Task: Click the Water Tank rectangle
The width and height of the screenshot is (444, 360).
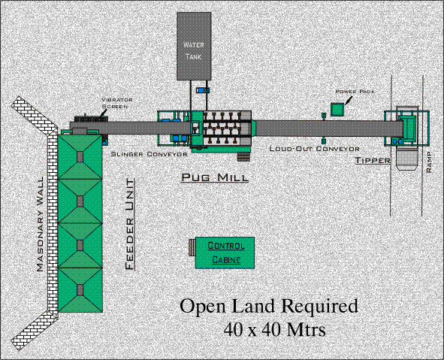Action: (x=194, y=46)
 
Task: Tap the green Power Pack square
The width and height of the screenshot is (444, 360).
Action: (x=337, y=109)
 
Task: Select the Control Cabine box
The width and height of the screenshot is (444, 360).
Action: (x=225, y=253)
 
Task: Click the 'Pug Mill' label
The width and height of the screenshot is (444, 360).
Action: (x=215, y=177)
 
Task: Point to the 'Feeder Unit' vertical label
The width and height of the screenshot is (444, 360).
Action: (x=130, y=224)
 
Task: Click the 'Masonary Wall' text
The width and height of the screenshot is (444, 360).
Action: (x=41, y=224)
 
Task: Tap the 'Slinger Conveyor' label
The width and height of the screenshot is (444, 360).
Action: (x=149, y=154)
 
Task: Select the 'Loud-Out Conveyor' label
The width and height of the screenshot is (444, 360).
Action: (x=314, y=149)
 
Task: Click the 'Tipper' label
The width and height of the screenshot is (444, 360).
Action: (x=373, y=160)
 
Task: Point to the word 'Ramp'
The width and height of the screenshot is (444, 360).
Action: (x=429, y=162)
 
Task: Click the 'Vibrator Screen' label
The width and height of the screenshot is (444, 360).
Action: (x=117, y=103)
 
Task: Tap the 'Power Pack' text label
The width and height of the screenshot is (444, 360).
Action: (x=355, y=92)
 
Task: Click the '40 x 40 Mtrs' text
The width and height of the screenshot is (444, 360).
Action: (x=275, y=329)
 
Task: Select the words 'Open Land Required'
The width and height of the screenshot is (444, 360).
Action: (x=269, y=306)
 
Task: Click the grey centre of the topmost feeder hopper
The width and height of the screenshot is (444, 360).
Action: (x=80, y=156)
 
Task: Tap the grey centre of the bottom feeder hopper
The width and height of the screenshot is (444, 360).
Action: (x=80, y=290)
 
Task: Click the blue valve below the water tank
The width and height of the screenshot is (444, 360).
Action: (x=203, y=90)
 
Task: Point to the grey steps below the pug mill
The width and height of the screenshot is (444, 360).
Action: (x=243, y=157)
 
